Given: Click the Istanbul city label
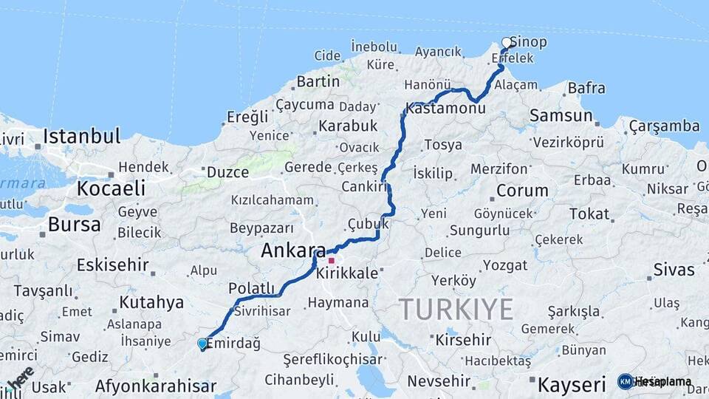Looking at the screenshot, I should (81, 136).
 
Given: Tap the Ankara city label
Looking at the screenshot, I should (293, 251).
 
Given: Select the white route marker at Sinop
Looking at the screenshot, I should (507, 42).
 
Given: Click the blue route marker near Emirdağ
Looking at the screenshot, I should (202, 344).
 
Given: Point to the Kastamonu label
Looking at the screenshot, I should (445, 109).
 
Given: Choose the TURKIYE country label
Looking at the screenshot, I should (456, 309).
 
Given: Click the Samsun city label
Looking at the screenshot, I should (561, 115).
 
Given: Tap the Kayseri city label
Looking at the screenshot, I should (572, 385).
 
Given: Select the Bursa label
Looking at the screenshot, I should (74, 224).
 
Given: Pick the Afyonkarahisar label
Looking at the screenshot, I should (156, 386).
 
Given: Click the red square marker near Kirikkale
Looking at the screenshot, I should (332, 260).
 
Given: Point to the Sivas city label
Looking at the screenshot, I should (674, 270).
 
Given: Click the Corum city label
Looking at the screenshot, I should (522, 190).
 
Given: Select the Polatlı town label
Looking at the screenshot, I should (251, 288).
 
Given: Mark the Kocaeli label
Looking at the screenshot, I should (111, 188).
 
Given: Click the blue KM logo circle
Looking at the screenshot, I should (625, 382).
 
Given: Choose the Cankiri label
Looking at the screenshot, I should (365, 187).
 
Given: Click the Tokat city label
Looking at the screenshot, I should (589, 214).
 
